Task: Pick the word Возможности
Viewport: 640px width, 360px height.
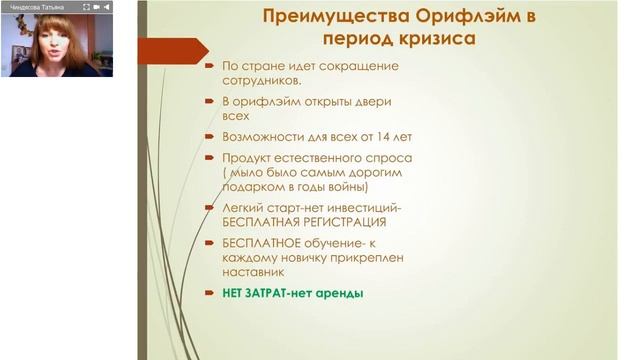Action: (264, 136)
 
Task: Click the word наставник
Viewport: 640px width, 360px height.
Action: (253, 271)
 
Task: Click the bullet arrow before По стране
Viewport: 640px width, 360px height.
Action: (209, 66)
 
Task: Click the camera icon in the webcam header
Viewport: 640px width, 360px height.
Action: (96, 6)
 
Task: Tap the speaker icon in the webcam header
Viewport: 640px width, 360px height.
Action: (107, 6)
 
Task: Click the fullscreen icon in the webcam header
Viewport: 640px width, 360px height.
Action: (86, 6)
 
